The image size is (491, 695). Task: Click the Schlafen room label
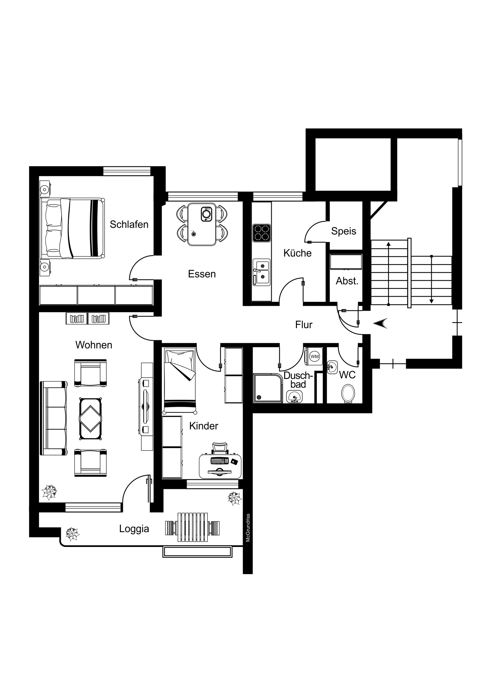(129, 224)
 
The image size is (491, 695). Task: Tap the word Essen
(202, 274)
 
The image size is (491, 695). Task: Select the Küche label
(297, 253)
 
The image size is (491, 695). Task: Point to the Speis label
(344, 231)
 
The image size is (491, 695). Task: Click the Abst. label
(347, 281)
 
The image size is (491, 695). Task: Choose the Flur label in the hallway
(304, 325)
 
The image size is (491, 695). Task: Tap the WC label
(347, 375)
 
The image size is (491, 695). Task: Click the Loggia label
(134, 529)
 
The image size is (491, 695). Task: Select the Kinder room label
(204, 426)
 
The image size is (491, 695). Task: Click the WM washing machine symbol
(315, 357)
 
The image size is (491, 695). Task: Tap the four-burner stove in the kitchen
(262, 233)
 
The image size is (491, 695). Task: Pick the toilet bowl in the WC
(348, 393)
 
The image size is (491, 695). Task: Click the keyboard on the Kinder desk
(219, 461)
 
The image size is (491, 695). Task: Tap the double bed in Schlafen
(72, 228)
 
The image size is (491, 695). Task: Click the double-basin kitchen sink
(262, 272)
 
